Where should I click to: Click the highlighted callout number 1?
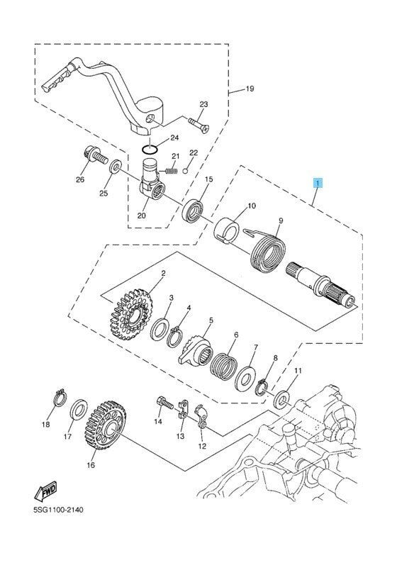(x=319, y=183)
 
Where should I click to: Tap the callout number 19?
(x=250, y=89)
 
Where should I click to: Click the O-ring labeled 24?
(x=149, y=149)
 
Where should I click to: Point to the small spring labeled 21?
(x=170, y=169)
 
